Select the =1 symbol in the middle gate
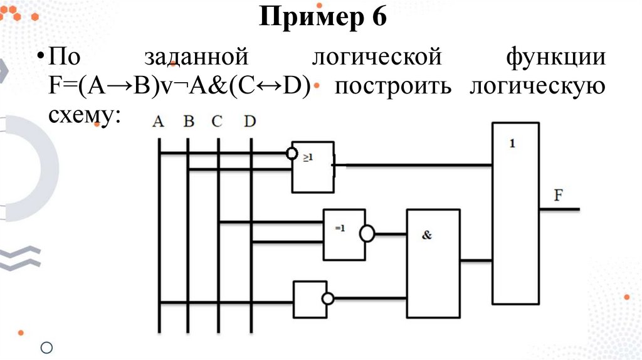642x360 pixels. [x=339, y=228]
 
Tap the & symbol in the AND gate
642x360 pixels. [x=428, y=236]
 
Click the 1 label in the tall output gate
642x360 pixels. [x=512, y=143]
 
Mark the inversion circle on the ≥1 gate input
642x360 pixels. [x=291, y=153]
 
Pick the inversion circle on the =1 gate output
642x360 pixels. [x=367, y=234]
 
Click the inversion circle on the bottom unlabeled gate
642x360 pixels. [x=326, y=299]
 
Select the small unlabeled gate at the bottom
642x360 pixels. [x=307, y=300]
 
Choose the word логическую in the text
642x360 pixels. [x=537, y=87]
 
